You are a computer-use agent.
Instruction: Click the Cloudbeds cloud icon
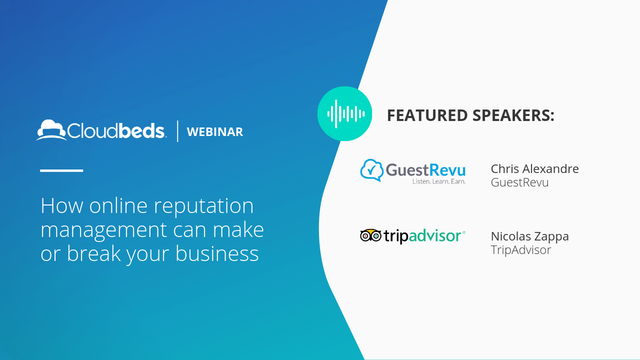[51, 130]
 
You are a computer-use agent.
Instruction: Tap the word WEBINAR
[215, 131]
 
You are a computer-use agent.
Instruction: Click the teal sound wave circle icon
[345, 113]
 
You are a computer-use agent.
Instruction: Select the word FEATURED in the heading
[427, 115]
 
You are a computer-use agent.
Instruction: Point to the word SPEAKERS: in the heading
[513, 115]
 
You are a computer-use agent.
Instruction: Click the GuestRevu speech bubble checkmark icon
[371, 170]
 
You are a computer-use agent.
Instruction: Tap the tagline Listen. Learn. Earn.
[439, 181]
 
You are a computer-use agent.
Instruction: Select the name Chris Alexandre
[534, 169]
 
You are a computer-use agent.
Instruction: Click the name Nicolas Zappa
[529, 236]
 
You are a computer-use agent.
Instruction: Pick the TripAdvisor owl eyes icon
[370, 235]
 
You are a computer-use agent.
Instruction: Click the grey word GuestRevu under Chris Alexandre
[519, 182]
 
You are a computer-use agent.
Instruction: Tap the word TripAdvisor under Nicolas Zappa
[521, 250]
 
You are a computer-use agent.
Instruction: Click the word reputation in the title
[203, 206]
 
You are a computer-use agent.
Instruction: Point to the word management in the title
[103, 230]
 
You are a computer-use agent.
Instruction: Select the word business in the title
[217, 253]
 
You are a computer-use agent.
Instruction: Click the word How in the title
[62, 205]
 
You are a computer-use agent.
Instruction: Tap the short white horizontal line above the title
[61, 170]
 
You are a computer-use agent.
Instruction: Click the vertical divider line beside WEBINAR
[177, 131]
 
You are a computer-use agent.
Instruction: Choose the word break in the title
[93, 253]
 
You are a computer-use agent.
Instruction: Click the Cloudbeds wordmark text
[115, 131]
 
